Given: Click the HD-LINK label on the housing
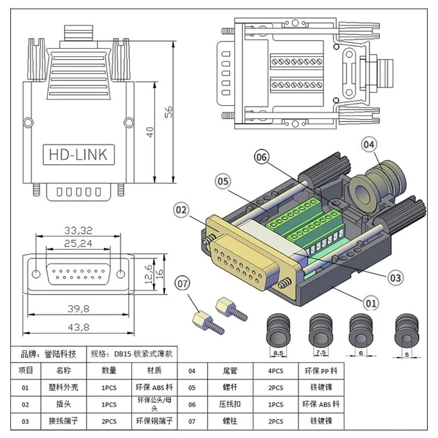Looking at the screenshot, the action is [x=79, y=155].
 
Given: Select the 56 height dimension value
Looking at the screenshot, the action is [x=169, y=112].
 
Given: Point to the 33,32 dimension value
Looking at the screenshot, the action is [x=78, y=231].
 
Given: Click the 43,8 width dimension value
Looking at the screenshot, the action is [x=79, y=327].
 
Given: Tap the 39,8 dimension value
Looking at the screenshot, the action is [x=79, y=309].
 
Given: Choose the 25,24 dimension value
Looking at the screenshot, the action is [x=78, y=244].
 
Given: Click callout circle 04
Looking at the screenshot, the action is [x=369, y=145].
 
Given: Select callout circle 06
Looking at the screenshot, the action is [x=261, y=157].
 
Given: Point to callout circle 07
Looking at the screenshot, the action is [x=182, y=283].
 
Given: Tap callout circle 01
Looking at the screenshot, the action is [x=371, y=304].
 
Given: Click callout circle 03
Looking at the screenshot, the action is [x=395, y=277].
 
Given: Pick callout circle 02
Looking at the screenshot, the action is [x=181, y=210].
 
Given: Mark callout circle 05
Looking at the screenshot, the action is [x=223, y=182].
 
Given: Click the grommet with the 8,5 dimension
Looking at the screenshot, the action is [x=279, y=331].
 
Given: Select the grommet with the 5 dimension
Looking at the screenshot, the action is [x=407, y=331].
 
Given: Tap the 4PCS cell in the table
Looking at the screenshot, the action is [x=276, y=371].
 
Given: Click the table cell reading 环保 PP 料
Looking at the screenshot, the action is [x=321, y=371].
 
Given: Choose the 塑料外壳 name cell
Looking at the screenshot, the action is [x=64, y=388].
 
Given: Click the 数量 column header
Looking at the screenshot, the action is [x=109, y=371].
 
